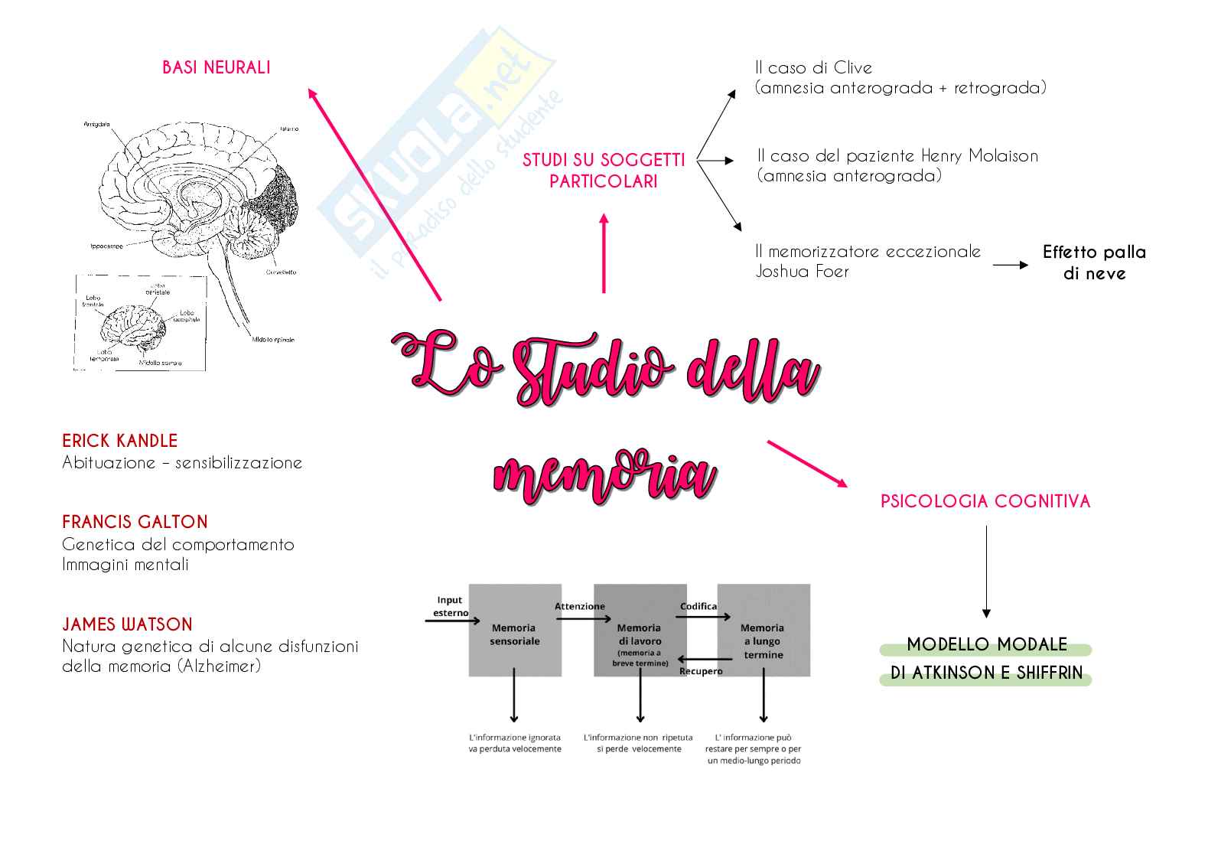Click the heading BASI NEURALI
[217, 67]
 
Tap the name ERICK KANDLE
[119, 441]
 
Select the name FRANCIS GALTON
[135, 522]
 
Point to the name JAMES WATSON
[127, 624]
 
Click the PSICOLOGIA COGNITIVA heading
[985, 501]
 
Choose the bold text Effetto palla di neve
[1094, 262]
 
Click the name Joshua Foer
[802, 272]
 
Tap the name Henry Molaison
[979, 156]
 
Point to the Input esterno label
[450, 606]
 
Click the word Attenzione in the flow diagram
[579, 606]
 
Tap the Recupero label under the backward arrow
[701, 671]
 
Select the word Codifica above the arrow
[698, 606]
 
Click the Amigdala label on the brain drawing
[97, 124]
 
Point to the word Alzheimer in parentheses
[220, 666]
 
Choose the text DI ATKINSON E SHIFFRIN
[986, 673]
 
